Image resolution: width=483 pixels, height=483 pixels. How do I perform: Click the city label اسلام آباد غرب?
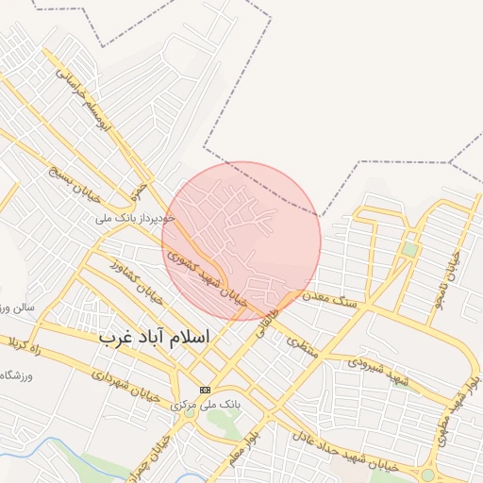155,336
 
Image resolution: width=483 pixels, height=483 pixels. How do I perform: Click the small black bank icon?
205,390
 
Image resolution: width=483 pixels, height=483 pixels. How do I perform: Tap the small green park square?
409,249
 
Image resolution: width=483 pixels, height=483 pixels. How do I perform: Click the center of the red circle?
241,241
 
